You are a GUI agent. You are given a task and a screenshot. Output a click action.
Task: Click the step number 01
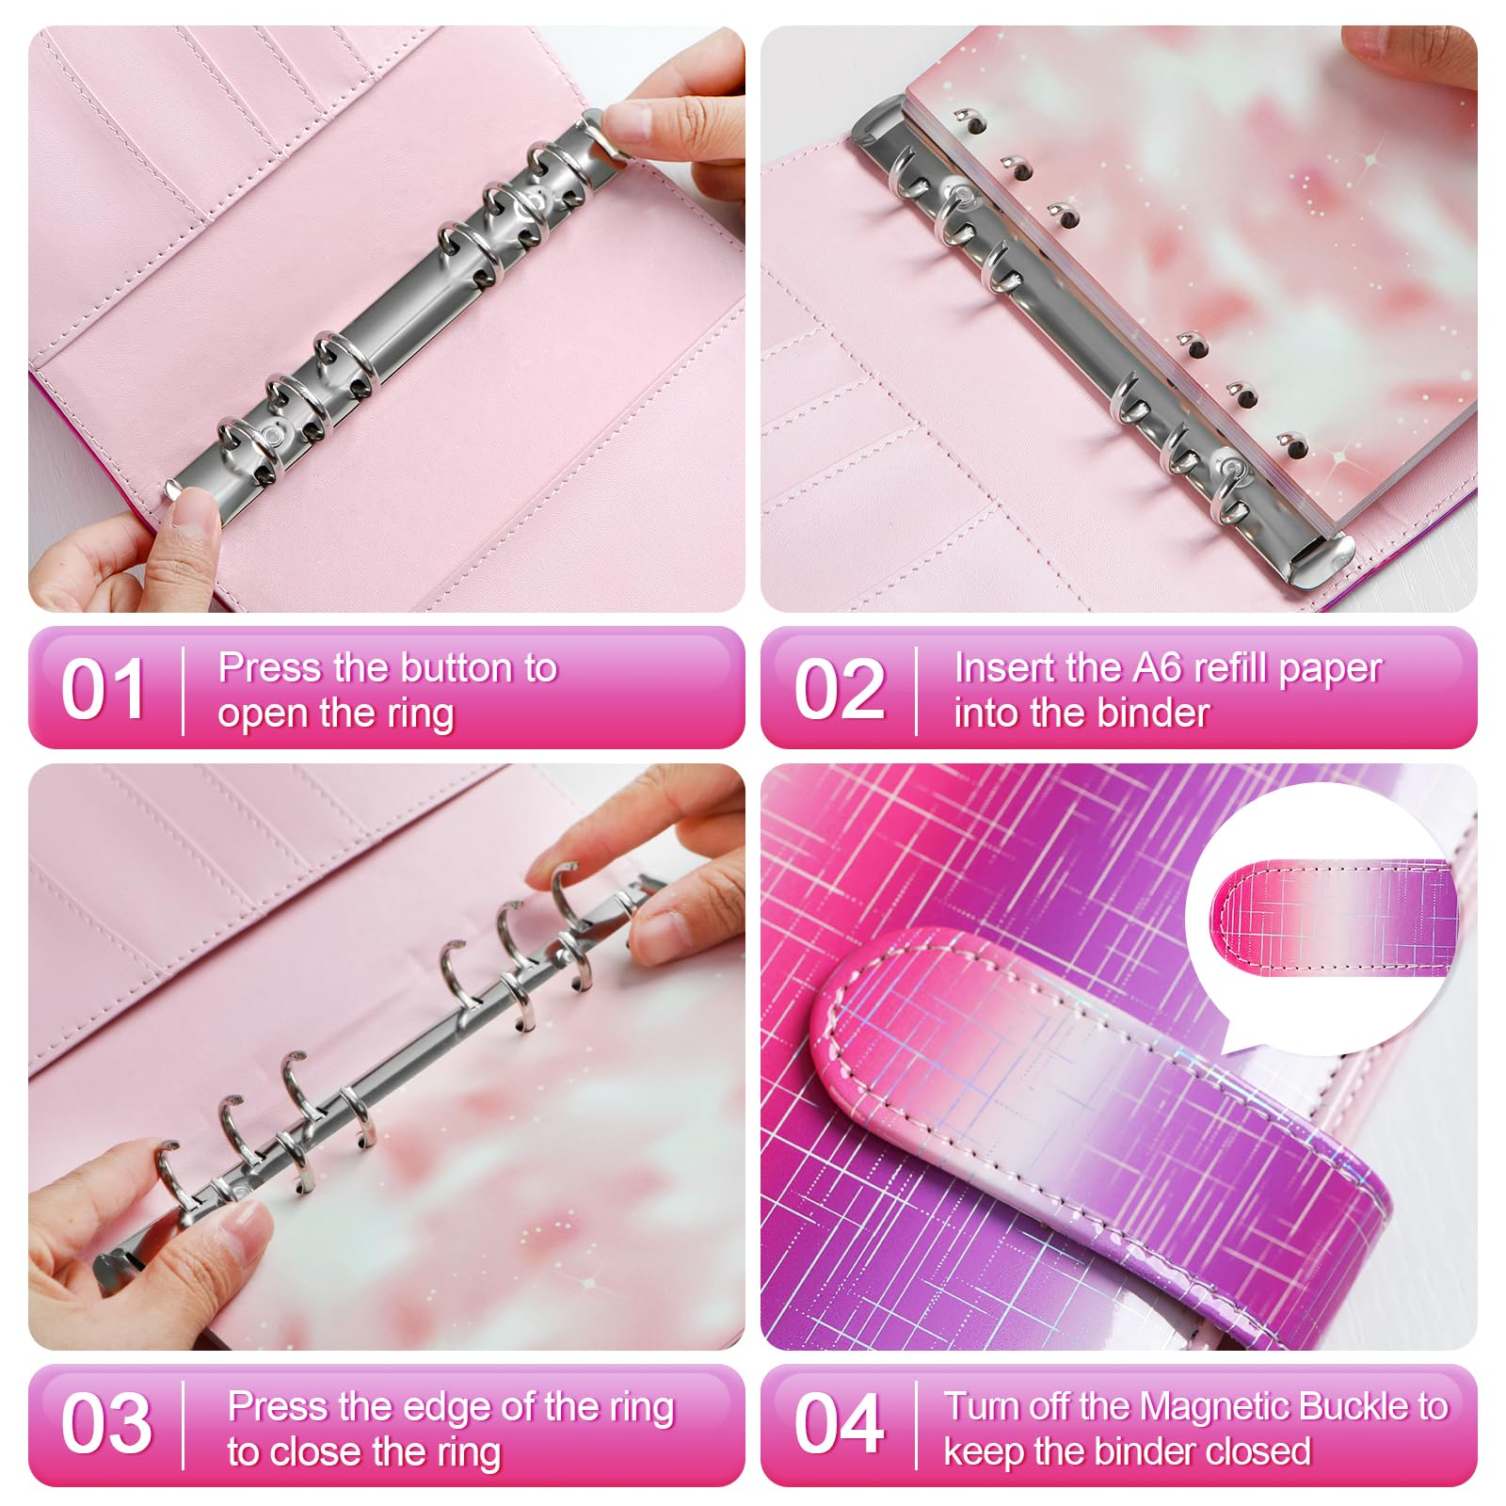pos(104,689)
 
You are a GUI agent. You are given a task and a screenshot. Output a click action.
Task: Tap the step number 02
pos(840,689)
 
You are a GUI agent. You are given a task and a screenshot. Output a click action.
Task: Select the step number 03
pos(106,1424)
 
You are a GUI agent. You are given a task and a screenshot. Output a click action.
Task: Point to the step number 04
pos(840,1424)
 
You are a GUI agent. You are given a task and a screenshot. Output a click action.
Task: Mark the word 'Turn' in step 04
pos(980,1406)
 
